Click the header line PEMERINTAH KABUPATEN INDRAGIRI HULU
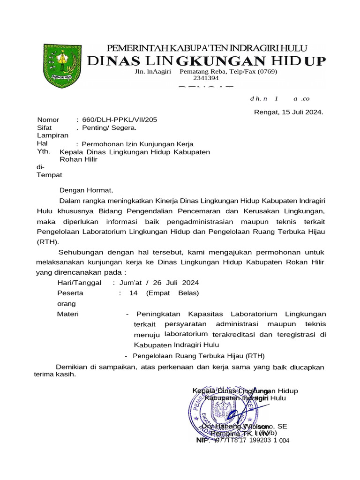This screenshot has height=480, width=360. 207,48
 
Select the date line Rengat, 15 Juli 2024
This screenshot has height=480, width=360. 288,112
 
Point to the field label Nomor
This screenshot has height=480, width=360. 48,120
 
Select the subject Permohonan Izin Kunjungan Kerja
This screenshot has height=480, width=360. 137,144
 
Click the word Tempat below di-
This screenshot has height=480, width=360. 49,175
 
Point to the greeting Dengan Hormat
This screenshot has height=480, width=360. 86,190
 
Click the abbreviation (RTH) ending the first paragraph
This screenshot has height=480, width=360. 48,242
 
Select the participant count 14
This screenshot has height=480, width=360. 133,293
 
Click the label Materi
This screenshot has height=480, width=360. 68,314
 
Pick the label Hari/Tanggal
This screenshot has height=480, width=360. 79,283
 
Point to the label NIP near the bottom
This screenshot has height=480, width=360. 202,441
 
